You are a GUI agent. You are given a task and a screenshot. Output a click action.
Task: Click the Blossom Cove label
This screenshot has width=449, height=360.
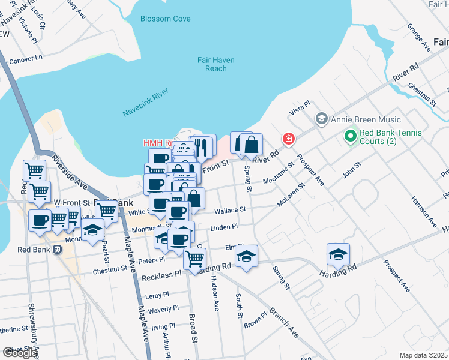[165, 19]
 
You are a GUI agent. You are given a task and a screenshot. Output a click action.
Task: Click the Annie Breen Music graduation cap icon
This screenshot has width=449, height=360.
[321, 119]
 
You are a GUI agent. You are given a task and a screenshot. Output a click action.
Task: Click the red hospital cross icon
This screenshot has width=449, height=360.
[289, 139]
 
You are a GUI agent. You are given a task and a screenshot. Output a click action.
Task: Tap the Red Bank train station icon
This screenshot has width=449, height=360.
[58, 250]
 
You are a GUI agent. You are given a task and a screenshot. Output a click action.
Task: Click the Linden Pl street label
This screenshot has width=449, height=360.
[224, 227]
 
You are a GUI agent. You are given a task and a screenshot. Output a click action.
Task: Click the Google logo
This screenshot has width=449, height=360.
[20, 353]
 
